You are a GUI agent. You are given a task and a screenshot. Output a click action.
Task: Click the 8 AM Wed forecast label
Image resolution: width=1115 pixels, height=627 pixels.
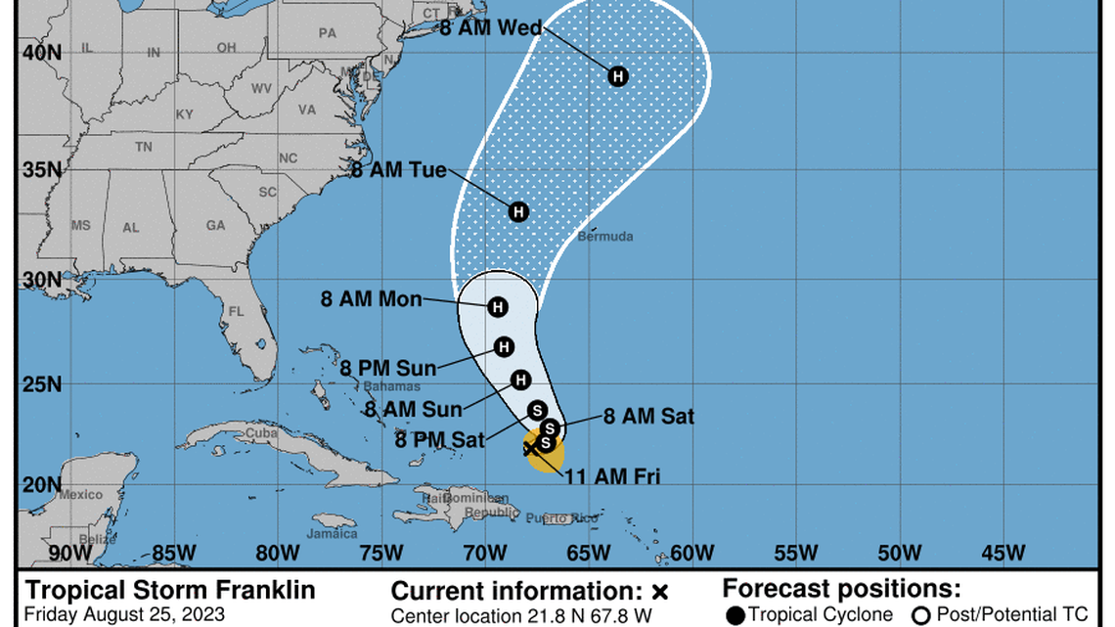click(x=491, y=28)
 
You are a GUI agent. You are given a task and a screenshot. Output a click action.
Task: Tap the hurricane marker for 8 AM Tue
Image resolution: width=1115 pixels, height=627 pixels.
click(x=518, y=211)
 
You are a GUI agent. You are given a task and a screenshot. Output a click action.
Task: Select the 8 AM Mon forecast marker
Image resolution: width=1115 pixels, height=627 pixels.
click(x=498, y=307)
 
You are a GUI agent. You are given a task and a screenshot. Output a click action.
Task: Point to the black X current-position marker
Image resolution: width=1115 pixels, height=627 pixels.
click(x=530, y=449)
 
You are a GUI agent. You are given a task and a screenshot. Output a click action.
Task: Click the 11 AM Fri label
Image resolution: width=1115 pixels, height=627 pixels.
click(x=611, y=477)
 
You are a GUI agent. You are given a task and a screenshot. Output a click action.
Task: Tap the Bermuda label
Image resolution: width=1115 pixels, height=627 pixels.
click(x=604, y=237)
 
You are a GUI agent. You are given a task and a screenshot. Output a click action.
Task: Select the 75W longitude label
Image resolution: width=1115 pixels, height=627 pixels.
click(x=379, y=554)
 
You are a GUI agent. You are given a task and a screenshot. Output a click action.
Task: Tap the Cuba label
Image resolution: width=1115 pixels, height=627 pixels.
click(x=261, y=432)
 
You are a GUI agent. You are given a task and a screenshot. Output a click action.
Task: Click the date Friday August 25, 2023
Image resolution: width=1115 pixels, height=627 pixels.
click(x=124, y=615)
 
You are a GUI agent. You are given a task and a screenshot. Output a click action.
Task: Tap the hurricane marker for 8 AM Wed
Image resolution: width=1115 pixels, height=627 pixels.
click(x=617, y=76)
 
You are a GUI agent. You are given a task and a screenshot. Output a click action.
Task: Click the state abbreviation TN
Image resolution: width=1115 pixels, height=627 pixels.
click(x=144, y=147)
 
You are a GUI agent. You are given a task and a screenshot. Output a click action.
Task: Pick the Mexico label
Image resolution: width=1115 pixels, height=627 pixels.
click(x=80, y=495)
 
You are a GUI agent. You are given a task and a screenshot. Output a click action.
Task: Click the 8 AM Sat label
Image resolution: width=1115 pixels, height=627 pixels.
click(x=648, y=417)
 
